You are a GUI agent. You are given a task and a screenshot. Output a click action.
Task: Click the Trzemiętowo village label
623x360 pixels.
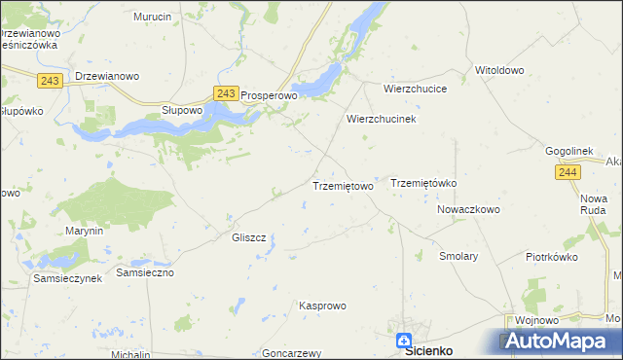click(x=342, y=186)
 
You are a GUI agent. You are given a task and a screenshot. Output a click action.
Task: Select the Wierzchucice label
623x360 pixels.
click(x=415, y=88)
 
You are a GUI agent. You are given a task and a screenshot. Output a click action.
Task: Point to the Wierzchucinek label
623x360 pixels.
click(x=382, y=119)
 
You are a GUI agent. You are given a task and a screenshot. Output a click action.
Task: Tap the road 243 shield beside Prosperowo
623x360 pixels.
click(x=226, y=93)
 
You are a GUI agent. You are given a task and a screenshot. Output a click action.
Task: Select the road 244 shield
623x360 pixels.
click(x=569, y=172)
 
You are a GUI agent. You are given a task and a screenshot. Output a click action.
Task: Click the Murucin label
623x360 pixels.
click(x=153, y=18)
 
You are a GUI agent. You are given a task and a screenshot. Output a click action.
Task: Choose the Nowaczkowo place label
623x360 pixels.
click(x=468, y=209)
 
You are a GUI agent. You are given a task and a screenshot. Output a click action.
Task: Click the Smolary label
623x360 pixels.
click(x=458, y=256)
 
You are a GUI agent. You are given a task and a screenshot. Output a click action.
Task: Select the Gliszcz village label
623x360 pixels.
click(x=249, y=237)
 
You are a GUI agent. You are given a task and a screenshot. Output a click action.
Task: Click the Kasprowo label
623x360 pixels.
click(x=322, y=306)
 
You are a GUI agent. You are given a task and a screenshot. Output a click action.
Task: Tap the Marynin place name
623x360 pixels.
click(x=84, y=231)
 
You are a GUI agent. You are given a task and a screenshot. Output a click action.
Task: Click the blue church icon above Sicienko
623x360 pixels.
click(x=404, y=339)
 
